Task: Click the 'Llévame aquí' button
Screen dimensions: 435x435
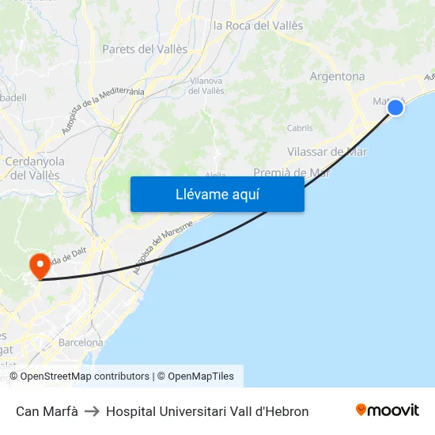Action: coord(217,194)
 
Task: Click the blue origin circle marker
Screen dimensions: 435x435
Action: coord(395,107)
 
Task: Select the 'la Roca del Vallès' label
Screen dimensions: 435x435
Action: coord(258,25)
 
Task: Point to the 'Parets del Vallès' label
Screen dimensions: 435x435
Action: coord(145,49)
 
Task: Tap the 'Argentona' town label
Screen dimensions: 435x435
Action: coord(338,77)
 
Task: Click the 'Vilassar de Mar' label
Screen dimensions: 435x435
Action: coord(327,152)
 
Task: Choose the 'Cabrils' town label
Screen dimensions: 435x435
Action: coord(300,128)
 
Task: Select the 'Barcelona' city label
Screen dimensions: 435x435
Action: coord(81,342)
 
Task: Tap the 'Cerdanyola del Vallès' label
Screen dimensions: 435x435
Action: coord(35,168)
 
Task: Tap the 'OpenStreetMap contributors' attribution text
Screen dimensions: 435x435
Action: coord(85,376)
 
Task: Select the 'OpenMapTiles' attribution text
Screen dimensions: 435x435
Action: coord(201,376)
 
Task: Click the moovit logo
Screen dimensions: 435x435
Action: coord(388,410)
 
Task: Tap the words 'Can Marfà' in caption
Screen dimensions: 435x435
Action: coord(47,411)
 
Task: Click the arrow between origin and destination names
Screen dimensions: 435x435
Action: coord(92,411)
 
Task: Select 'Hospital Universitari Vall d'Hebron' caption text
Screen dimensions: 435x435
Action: coord(207,411)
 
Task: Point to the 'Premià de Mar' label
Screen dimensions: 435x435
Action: coord(291,172)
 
